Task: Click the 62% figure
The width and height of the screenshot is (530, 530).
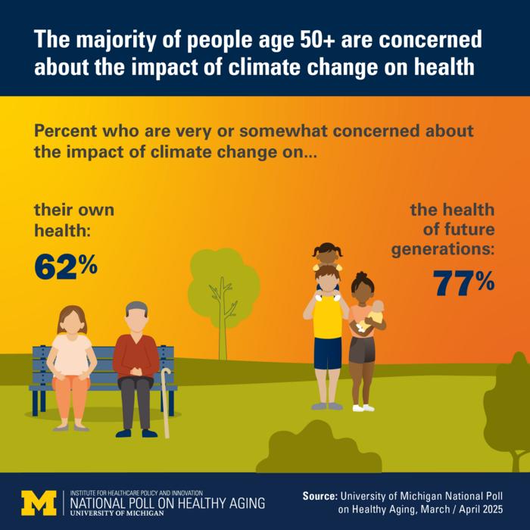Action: tap(66, 268)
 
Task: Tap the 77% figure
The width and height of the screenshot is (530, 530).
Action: tap(463, 283)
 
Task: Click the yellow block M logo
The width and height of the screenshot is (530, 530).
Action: tap(39, 503)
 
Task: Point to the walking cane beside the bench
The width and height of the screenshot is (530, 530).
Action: tap(165, 403)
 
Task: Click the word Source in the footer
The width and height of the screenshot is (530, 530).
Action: tap(320, 496)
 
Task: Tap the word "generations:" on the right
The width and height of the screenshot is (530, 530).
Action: tap(443, 250)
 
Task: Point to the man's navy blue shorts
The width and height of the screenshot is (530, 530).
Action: tap(328, 353)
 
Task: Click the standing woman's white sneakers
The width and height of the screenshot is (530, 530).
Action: tap(363, 408)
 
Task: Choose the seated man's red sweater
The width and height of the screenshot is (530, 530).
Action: tap(136, 357)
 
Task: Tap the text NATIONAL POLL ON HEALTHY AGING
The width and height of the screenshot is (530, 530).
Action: tap(167, 503)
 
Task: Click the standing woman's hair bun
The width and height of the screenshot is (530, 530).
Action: tap(361, 275)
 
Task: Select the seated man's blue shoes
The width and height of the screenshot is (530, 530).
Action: tap(136, 433)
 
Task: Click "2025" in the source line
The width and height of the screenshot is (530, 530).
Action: tap(490, 510)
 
